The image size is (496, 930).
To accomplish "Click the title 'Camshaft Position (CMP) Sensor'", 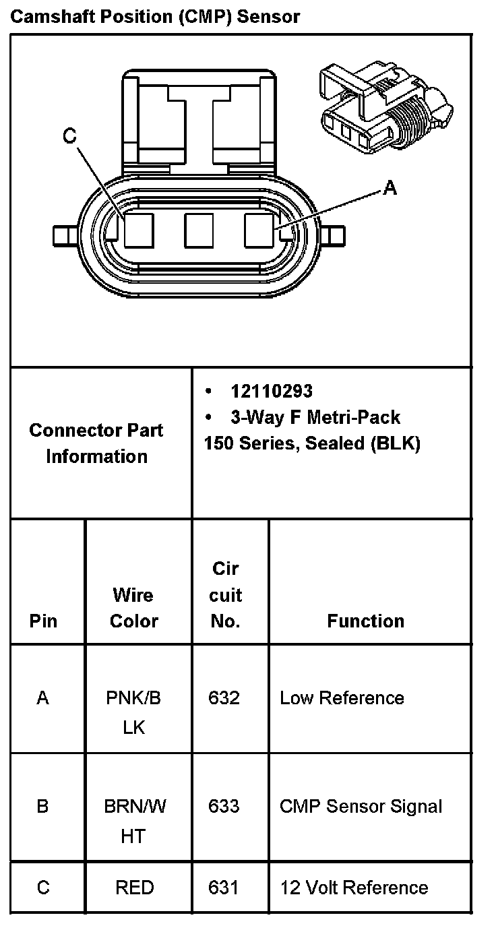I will [x=154, y=16].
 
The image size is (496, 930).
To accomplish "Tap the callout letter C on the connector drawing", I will [x=70, y=137].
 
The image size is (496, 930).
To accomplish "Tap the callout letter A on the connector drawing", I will [x=390, y=189].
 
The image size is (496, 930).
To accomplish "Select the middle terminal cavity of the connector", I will [x=199, y=230].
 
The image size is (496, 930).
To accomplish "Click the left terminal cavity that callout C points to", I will [x=139, y=230].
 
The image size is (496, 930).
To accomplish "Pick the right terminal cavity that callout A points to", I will [x=259, y=230].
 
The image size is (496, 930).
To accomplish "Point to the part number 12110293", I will [x=272, y=391].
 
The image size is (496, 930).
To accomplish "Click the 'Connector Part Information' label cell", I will [x=96, y=443].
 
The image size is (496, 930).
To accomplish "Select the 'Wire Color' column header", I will [x=133, y=608].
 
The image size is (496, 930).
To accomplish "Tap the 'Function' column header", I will [x=366, y=621].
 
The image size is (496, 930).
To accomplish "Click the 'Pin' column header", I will [x=44, y=621].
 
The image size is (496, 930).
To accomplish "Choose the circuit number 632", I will [x=224, y=697].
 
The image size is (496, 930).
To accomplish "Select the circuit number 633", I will [x=224, y=806].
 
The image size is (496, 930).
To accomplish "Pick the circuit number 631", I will [x=224, y=887].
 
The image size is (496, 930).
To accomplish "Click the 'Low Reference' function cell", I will [x=342, y=697].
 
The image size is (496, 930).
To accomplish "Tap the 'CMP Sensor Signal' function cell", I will [x=361, y=806].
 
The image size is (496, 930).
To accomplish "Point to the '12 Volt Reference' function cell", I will [x=354, y=887].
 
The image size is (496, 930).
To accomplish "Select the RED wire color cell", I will [x=135, y=887].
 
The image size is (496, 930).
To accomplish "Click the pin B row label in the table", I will [x=43, y=806].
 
